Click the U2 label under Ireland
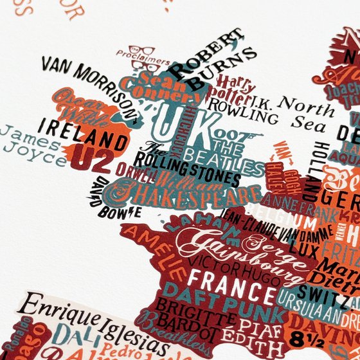coord(89,159)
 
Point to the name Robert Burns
coord(206,61)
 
